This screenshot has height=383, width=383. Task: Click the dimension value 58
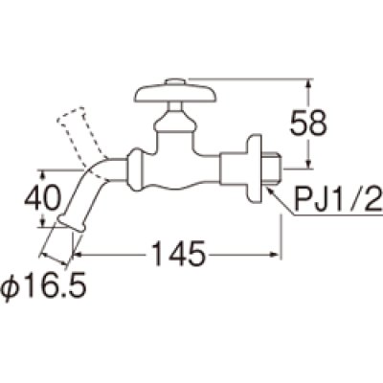click(x=308, y=124)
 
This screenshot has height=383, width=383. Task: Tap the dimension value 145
click(x=177, y=254)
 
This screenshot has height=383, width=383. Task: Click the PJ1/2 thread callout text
click(x=339, y=199)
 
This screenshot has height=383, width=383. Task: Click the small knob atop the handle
click(x=176, y=81)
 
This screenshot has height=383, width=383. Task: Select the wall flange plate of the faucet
click(x=254, y=169)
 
